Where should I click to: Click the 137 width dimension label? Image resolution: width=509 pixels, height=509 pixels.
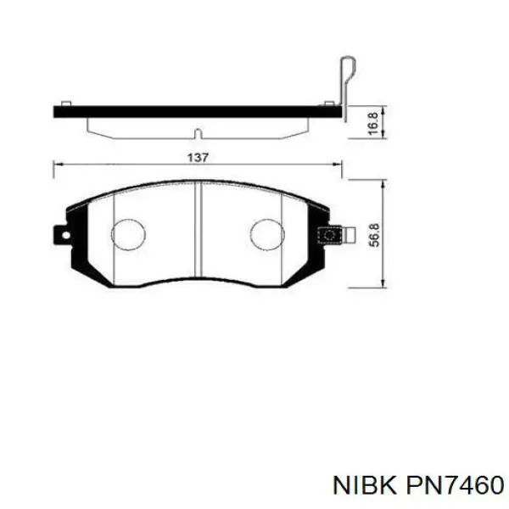[198, 157]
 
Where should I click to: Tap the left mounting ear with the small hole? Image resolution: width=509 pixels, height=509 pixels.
[59, 232]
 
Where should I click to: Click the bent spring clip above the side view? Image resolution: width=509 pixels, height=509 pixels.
[344, 81]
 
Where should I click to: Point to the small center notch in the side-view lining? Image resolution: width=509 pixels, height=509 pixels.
[197, 133]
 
